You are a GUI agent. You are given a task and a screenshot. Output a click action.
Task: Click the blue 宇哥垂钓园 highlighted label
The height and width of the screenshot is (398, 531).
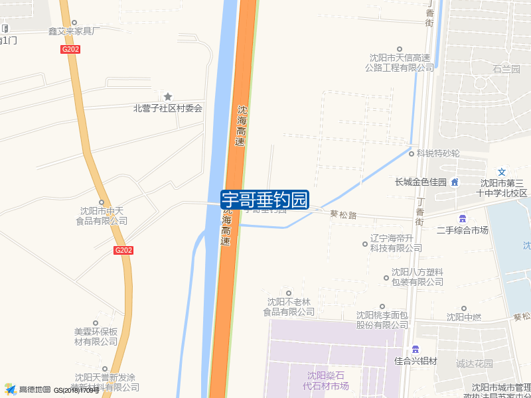click(x=265, y=199)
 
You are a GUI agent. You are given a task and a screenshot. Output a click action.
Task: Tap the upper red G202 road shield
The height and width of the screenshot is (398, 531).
click(x=70, y=49)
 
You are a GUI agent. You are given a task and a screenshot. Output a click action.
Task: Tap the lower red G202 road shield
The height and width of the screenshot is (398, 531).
click(x=123, y=250)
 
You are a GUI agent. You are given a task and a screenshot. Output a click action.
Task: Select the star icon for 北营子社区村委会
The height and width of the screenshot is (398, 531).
click(x=168, y=97)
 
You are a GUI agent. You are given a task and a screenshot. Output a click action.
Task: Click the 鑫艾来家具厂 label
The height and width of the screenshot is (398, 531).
click(x=74, y=31)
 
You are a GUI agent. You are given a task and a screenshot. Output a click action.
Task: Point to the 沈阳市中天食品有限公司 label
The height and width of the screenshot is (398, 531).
click(x=101, y=216)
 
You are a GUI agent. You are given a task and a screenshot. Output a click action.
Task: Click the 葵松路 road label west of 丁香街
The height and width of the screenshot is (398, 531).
click(x=343, y=215)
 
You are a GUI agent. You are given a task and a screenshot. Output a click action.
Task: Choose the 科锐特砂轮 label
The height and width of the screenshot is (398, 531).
click(x=437, y=153)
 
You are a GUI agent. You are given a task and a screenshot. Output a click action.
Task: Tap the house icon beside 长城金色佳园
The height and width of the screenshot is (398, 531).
click(x=455, y=182)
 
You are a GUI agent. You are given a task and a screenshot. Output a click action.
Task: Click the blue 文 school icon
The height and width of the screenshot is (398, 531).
click(x=502, y=172)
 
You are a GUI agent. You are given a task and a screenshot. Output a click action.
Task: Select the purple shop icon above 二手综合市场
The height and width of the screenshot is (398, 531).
click(x=462, y=219)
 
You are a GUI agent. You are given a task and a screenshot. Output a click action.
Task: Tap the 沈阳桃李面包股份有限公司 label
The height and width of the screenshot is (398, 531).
click(x=382, y=320)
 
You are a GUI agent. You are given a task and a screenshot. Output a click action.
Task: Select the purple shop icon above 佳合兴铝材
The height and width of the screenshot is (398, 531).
click(x=416, y=350)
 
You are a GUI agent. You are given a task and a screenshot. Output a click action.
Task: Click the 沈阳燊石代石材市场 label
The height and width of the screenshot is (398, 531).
click(x=326, y=381)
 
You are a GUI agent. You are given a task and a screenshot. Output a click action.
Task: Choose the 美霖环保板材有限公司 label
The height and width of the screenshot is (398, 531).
click(x=96, y=336)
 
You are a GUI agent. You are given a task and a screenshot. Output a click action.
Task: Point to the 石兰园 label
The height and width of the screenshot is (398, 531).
click(x=506, y=69)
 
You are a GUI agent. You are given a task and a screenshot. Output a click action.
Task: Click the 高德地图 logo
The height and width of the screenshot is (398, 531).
click(x=27, y=389)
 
